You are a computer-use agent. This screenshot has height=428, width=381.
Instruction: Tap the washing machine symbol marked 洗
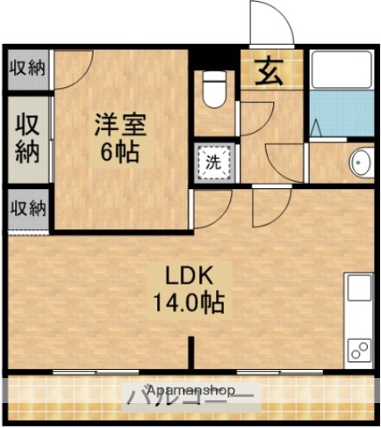(214, 163)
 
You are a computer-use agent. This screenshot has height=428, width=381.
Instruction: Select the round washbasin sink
(360, 162)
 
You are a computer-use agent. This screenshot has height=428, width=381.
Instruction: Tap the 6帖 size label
(118, 152)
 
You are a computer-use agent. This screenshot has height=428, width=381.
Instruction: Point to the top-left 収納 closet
(28, 69)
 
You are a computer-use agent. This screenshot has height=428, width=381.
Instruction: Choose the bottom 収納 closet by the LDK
(28, 209)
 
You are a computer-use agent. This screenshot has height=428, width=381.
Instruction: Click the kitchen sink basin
(360, 288)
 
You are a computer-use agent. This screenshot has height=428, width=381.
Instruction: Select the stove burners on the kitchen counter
(360, 350)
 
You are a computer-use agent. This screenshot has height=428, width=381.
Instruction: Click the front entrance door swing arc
(273, 22)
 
